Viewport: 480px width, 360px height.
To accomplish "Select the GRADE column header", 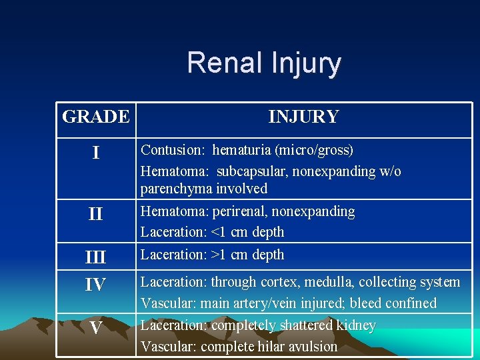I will (x=96, y=117).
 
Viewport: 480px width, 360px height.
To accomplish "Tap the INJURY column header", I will (x=303, y=117).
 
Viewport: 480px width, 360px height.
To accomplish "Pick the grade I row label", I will (x=96, y=153).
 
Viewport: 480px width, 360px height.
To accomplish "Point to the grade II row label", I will (x=96, y=214).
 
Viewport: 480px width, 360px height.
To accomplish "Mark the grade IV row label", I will (x=96, y=285).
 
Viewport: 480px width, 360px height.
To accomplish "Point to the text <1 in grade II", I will (x=219, y=233).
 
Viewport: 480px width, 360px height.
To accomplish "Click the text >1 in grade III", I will (x=219, y=255).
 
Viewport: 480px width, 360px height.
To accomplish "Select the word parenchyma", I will (x=175, y=189).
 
